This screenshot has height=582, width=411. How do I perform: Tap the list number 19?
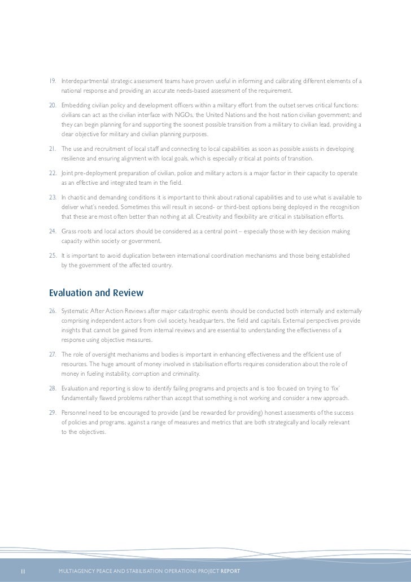[54, 81]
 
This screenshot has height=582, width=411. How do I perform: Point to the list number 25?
[54, 255]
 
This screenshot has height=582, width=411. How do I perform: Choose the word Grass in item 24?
[69, 232]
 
